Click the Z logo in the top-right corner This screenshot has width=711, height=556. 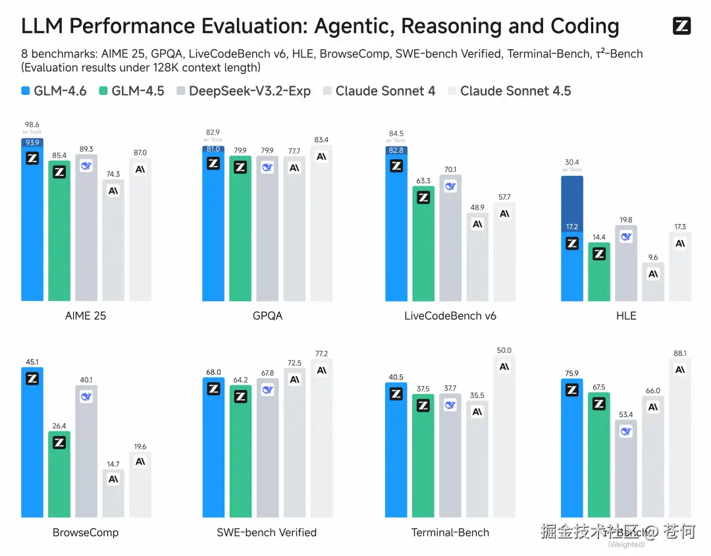coord(681,26)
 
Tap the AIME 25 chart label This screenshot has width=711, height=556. coord(86,316)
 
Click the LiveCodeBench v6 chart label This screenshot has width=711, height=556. coord(450,316)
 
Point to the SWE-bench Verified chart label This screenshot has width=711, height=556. coord(267,532)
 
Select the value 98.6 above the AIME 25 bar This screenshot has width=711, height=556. coord(32,125)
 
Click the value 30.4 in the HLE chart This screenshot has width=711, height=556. coord(572,163)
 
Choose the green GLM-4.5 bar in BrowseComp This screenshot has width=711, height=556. coord(59,481)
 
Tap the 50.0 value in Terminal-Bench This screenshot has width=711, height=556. coord(504,350)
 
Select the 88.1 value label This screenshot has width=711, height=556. coord(680,353)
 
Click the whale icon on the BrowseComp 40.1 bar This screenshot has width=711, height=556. coord(86,397)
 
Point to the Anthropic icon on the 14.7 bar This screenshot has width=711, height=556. coord(113,479)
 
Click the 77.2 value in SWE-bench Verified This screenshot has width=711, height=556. coord(321,354)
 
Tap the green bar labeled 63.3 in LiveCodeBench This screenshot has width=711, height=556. coord(423,250)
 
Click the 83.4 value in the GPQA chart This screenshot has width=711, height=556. coord(321,140)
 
